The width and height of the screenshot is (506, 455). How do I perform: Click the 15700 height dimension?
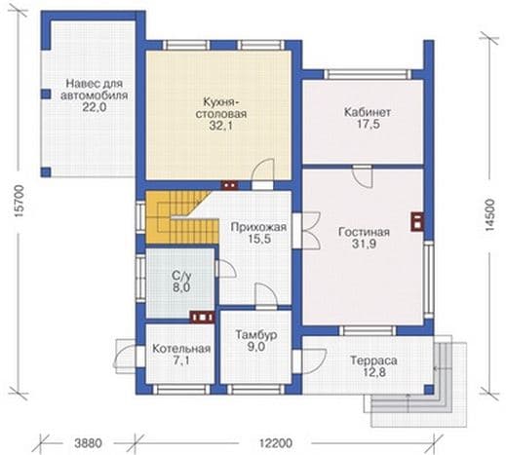(19, 202)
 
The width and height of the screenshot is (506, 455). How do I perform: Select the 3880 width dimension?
(88, 443)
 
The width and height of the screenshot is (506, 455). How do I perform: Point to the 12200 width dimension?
(276, 443)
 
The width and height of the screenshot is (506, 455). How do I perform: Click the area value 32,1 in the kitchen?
(220, 126)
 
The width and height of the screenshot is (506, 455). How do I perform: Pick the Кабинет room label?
(368, 112)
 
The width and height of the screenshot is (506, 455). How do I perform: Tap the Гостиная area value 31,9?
(364, 244)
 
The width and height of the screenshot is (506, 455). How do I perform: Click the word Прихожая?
(258, 227)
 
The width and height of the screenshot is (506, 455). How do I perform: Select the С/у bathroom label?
(181, 276)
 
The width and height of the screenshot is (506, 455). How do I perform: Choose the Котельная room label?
(181, 349)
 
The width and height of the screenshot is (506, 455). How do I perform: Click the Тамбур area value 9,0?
(256, 347)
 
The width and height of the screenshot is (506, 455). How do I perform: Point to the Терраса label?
(373, 360)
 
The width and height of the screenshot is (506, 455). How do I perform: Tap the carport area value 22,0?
(95, 107)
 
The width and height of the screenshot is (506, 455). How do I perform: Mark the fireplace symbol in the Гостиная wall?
(417, 221)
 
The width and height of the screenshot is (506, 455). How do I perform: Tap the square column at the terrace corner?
(429, 390)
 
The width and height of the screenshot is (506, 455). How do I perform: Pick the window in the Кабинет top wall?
(369, 74)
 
